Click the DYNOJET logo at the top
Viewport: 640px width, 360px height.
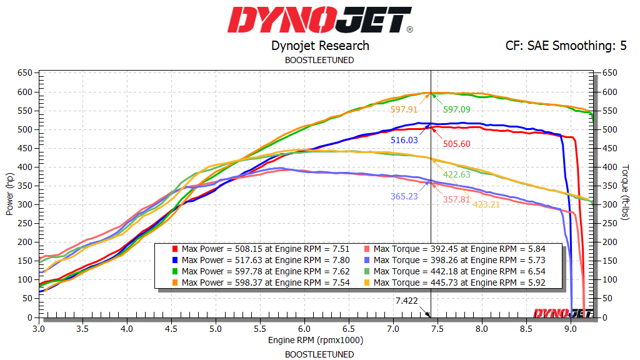point(319,20)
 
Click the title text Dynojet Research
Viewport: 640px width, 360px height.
point(320,46)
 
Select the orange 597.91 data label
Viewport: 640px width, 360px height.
point(404,109)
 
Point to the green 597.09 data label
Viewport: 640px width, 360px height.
point(457,109)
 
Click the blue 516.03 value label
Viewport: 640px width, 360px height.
point(404,141)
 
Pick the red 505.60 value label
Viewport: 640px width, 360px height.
point(457,144)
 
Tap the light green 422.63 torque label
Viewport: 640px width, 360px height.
point(457,174)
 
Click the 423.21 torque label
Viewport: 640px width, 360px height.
point(486,204)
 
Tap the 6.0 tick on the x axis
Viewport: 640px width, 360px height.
point(304,327)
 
